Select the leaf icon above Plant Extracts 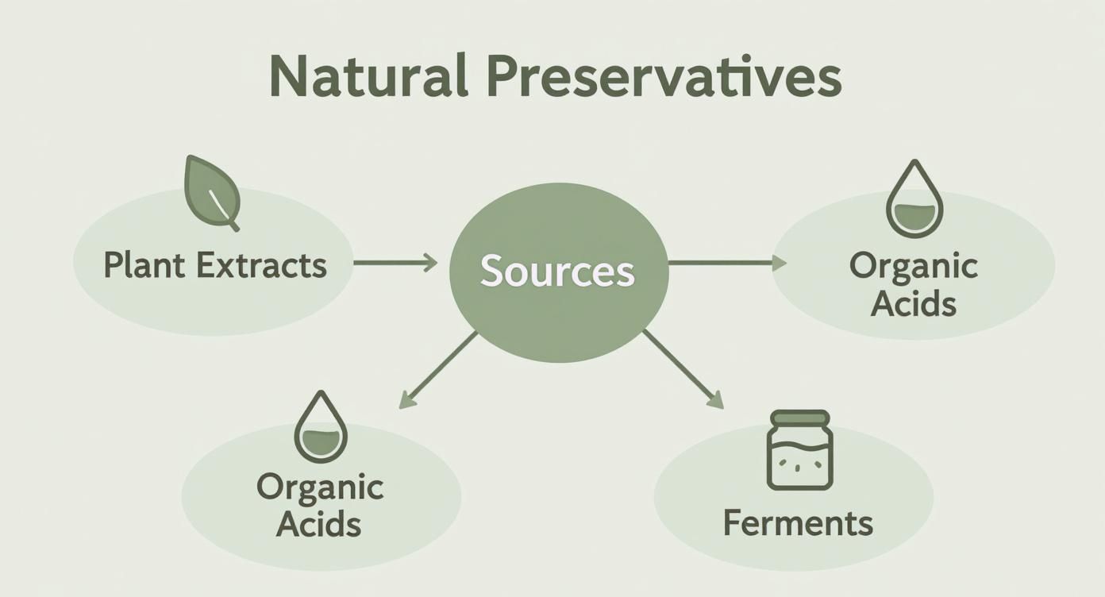210,191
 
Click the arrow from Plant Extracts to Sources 395,262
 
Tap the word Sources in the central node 557,272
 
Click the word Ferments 798,523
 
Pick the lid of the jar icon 799,418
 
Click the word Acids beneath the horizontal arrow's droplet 914,304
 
